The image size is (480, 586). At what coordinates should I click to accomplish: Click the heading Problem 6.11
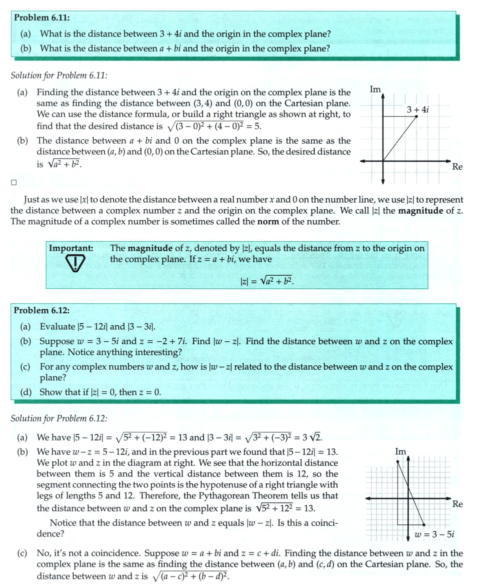[x=42, y=18]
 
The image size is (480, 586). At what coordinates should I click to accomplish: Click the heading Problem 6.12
[x=42, y=310]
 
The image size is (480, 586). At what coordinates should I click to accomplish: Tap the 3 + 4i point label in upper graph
[x=418, y=109]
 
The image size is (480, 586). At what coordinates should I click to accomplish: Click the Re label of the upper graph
[x=457, y=167]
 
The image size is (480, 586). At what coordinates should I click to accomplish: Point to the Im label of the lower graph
[x=400, y=452]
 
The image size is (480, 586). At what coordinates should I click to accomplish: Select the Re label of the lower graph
[x=457, y=504]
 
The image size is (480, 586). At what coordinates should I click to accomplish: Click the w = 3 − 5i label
[x=434, y=534]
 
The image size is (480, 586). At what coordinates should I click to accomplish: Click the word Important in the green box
[x=70, y=248]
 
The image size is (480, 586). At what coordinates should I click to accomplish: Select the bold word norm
[x=267, y=222]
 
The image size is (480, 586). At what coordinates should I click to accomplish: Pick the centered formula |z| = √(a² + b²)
[x=266, y=282]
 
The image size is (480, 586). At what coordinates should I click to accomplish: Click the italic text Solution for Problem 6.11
[x=59, y=76]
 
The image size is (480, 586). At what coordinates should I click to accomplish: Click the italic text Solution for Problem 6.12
[x=59, y=418]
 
